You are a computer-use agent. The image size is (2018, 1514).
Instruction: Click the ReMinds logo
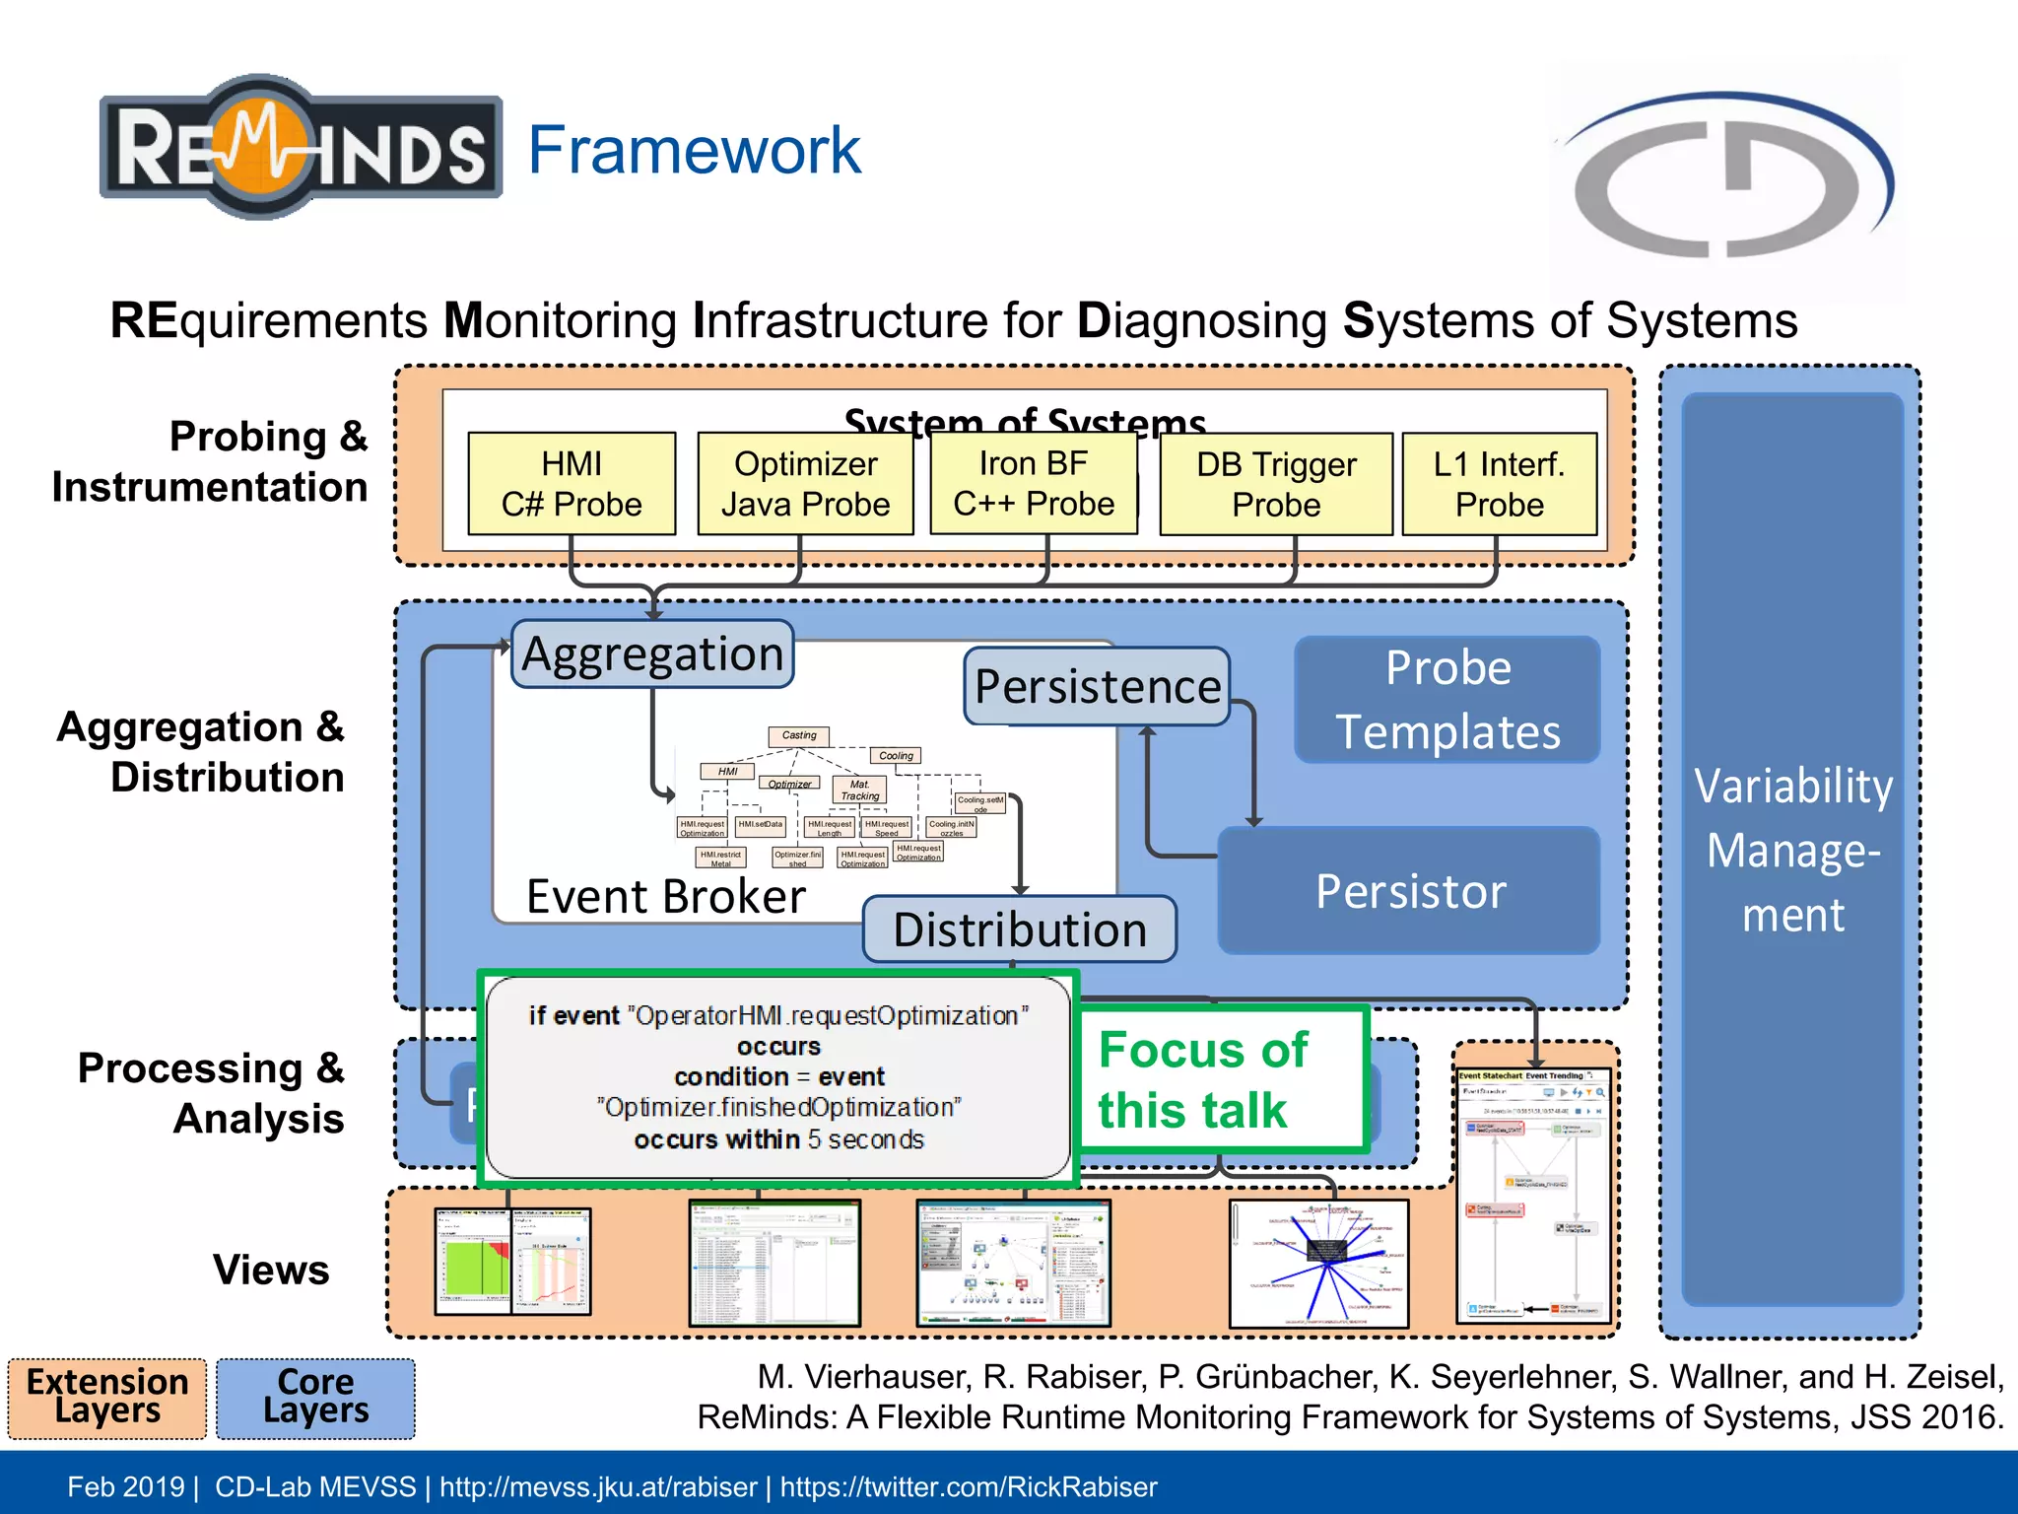(301, 148)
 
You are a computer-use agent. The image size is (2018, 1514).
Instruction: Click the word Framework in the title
(694, 150)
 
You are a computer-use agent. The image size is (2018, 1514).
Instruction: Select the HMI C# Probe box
(572, 484)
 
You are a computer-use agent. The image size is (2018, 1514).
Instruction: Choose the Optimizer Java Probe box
(805, 484)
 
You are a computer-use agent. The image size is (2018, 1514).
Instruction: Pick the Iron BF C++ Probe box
(1033, 483)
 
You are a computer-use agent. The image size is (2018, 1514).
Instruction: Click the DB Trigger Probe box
(1275, 484)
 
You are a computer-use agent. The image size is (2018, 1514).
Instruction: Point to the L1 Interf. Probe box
(1499, 484)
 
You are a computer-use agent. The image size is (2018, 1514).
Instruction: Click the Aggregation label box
(652, 654)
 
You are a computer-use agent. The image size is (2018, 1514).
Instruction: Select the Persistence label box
(1097, 686)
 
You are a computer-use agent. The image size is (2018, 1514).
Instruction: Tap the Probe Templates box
(1446, 700)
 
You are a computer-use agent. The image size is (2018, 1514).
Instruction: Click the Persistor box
(1409, 891)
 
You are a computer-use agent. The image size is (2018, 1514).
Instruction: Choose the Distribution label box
(1019, 929)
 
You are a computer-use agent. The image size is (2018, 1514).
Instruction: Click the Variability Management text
(1792, 850)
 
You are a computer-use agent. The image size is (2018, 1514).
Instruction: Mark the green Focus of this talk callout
(1220, 1079)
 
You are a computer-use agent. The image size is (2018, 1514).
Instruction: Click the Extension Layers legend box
(107, 1397)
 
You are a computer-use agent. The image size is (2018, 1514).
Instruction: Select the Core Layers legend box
(315, 1397)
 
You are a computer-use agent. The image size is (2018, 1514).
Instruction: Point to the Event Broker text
(665, 896)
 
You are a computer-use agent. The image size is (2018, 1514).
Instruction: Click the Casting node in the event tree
(799, 735)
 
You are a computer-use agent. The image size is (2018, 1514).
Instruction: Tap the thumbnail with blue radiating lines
(1318, 1264)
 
